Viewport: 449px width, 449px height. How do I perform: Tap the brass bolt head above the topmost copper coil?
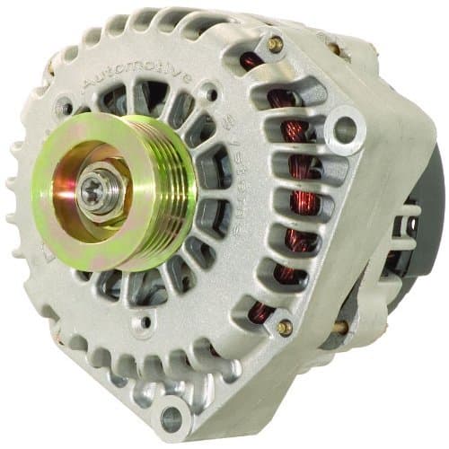[x=275, y=43]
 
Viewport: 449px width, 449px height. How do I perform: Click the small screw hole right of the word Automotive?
[x=209, y=92]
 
